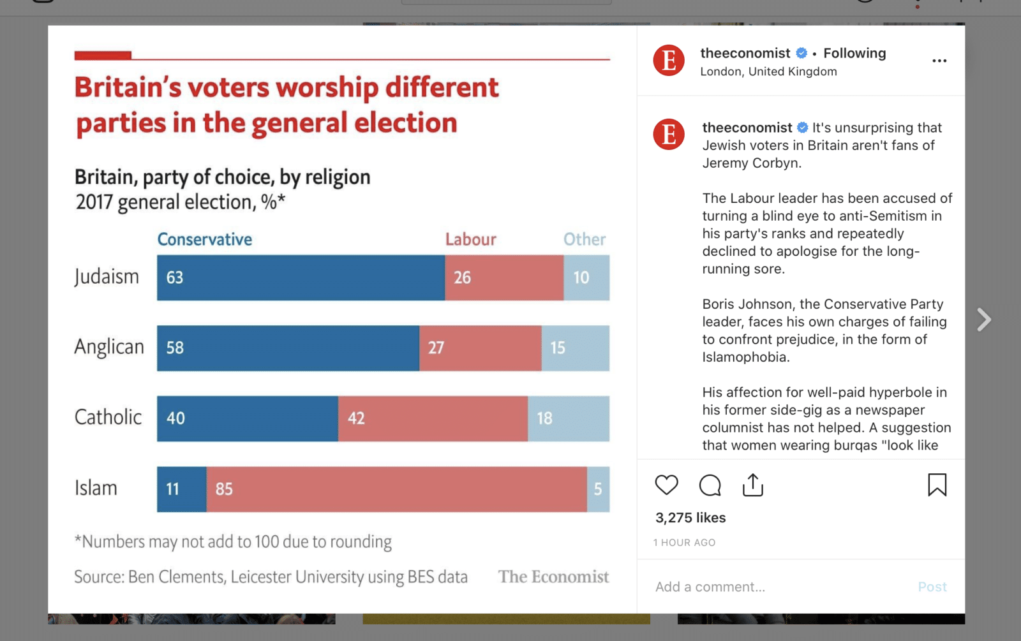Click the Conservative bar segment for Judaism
pos(301,277)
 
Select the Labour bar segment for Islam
pos(396,489)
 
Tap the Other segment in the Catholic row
pos(569,418)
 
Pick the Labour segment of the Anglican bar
pos(481,348)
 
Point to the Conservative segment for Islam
pos(182,489)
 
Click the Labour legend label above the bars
pos(470,239)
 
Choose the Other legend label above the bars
pos(584,239)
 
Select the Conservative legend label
pos(205,239)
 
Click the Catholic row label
pos(108,417)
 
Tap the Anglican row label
pos(109,347)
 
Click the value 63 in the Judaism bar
pos(175,277)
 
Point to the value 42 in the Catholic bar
pos(356,418)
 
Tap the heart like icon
pos(666,485)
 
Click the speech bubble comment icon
pos(710,485)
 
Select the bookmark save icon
pos(937,485)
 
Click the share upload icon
pos(753,485)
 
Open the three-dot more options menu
pos(939,61)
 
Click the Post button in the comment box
pos(932,587)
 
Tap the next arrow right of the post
pos(984,320)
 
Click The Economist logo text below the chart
pos(553,577)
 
